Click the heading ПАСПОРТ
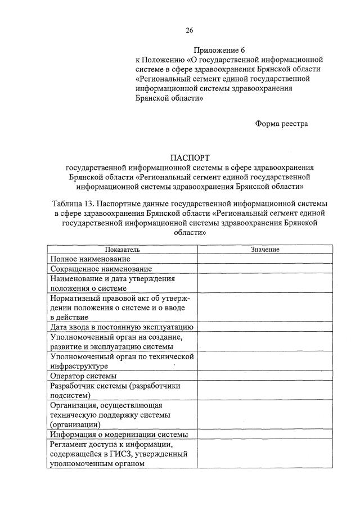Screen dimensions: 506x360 pyautogui.click(x=190, y=158)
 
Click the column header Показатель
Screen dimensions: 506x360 pyautogui.click(x=122, y=250)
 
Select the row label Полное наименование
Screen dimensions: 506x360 pyautogui.click(x=90, y=259)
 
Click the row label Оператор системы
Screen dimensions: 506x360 pyautogui.click(x=83, y=376)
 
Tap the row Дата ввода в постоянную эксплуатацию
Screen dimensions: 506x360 pyautogui.click(x=122, y=327)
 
